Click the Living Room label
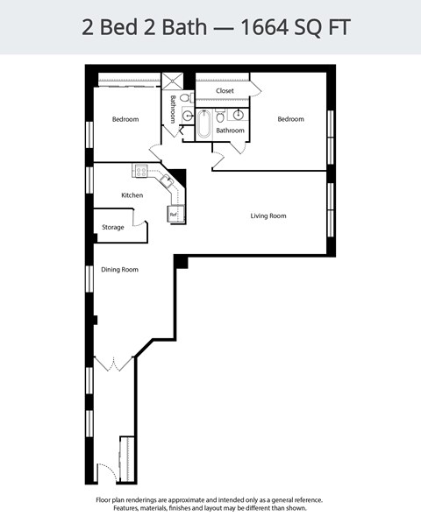point(268,216)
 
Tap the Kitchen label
point(132,195)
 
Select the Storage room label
point(113,228)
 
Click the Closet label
point(225,90)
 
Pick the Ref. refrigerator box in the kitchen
point(174,214)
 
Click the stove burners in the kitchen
point(139,170)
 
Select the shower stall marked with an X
point(172,80)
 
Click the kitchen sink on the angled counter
point(166,180)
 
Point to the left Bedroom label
point(125,119)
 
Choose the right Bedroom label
point(290,119)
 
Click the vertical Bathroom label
point(173,109)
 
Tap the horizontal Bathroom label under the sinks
point(230,131)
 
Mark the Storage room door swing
point(139,222)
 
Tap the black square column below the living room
point(181,261)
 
